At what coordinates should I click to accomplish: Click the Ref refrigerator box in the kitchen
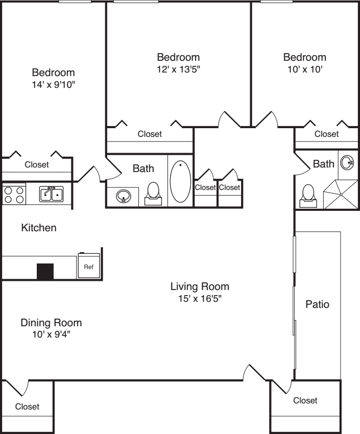tap(88, 265)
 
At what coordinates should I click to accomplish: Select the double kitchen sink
tap(51, 194)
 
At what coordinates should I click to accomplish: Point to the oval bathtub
tap(180, 181)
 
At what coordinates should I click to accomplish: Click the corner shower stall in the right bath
tap(341, 195)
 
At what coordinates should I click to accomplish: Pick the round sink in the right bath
tap(347, 162)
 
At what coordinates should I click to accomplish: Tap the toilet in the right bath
tap(308, 196)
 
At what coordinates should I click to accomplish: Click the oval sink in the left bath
tap(124, 197)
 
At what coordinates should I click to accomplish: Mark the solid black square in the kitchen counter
tap(45, 271)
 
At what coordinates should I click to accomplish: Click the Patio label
tap(318, 304)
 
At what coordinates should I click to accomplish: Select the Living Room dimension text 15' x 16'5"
tap(200, 298)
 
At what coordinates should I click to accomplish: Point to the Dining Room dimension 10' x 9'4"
tap(51, 334)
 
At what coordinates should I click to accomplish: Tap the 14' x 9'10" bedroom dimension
tap(54, 84)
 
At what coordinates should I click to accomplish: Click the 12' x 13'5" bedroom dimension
tap(179, 69)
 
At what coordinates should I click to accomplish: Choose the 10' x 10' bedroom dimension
tap(305, 69)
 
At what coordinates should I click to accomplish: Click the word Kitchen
tap(39, 228)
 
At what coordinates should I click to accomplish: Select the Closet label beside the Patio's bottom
tap(305, 400)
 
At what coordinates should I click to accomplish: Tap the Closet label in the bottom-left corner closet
tap(27, 406)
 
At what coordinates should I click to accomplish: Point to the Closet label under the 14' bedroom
tap(37, 164)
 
